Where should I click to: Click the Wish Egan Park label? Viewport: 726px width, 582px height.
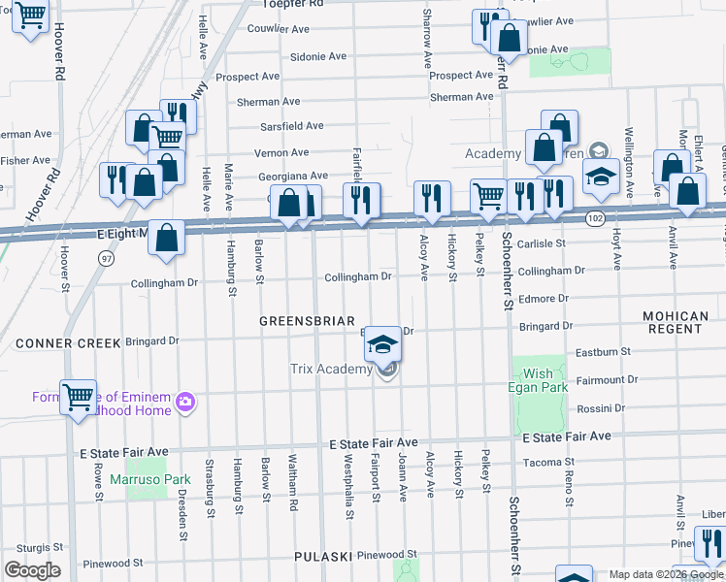[538, 380]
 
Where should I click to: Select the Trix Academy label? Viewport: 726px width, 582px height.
[331, 369]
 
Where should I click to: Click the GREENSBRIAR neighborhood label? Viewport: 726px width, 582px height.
[307, 321]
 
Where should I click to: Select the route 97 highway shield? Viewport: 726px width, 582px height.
[105, 258]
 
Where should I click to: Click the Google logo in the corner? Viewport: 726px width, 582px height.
[32, 570]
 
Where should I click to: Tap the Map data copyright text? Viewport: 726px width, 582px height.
[665, 574]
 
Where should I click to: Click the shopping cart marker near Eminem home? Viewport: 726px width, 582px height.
[78, 396]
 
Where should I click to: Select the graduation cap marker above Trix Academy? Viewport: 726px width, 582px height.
[383, 343]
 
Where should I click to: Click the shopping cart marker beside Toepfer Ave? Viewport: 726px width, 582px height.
[31, 14]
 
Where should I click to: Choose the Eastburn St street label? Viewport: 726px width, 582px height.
[603, 353]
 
